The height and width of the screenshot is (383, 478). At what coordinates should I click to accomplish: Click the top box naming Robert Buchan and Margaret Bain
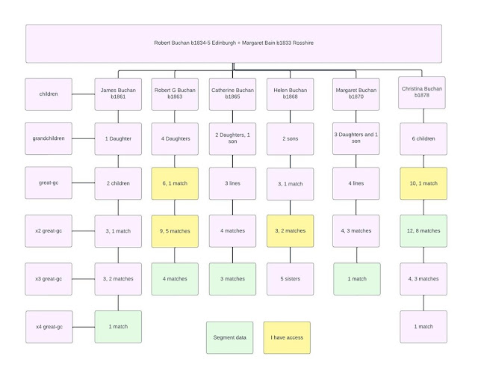(234, 43)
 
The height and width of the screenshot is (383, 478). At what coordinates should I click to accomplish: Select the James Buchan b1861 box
(117, 94)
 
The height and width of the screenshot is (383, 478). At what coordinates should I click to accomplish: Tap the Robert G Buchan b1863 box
(175, 94)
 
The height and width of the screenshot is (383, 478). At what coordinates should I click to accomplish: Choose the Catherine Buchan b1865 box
(232, 94)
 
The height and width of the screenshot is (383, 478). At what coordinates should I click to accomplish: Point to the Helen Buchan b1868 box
(289, 94)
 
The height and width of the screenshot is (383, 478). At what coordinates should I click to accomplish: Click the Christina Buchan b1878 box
(422, 93)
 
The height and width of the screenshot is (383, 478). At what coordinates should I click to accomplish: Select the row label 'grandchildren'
(49, 138)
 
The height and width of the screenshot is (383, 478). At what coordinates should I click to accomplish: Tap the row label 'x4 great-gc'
(49, 326)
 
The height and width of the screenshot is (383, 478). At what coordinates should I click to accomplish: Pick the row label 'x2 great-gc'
(49, 230)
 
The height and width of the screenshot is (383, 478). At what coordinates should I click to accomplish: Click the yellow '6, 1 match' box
(175, 184)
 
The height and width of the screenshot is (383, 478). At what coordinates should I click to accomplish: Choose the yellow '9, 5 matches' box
(175, 230)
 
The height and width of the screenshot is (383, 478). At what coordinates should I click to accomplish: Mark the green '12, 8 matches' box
(422, 230)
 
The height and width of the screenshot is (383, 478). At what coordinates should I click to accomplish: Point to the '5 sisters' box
(289, 278)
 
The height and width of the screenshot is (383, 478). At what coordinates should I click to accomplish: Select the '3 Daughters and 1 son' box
(356, 138)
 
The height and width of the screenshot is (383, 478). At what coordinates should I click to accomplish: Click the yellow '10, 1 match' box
(422, 183)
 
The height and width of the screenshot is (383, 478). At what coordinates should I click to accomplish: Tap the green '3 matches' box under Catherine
(232, 278)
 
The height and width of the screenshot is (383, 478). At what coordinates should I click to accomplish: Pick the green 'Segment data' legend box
(229, 337)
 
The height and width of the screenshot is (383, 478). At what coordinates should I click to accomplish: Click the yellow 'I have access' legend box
(286, 337)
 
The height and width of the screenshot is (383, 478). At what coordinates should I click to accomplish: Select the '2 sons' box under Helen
(289, 138)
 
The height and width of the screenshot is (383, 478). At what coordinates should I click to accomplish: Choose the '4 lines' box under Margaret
(356, 184)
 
